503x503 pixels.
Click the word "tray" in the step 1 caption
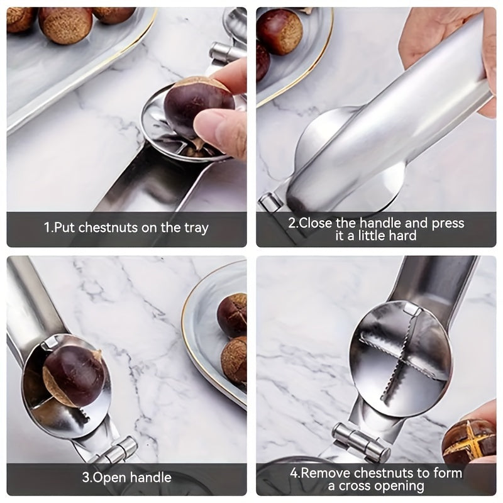point(194,228)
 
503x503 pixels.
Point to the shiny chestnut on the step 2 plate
point(280,31)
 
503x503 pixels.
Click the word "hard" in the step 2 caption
point(403,236)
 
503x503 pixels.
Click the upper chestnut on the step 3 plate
point(233,314)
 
